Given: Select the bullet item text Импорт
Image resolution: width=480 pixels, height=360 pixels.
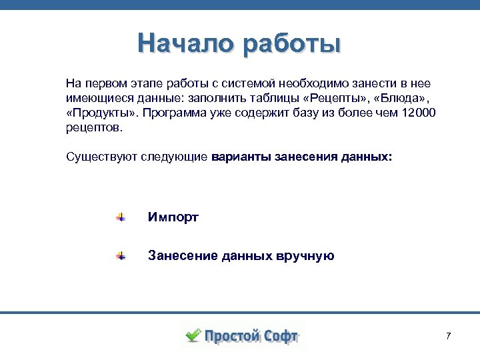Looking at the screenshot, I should click(x=173, y=217).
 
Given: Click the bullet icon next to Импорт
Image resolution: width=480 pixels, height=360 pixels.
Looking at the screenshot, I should click(x=120, y=217).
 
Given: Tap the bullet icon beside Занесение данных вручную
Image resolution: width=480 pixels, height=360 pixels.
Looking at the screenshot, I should click(x=120, y=255).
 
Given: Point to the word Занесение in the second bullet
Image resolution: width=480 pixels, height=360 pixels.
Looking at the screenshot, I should click(x=177, y=255).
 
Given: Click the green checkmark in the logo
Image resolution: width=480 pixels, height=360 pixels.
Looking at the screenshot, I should click(x=193, y=335).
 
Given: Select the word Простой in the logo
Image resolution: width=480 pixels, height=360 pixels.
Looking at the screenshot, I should click(x=231, y=336).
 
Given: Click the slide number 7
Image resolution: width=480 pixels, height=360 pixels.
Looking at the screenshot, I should click(x=448, y=335).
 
